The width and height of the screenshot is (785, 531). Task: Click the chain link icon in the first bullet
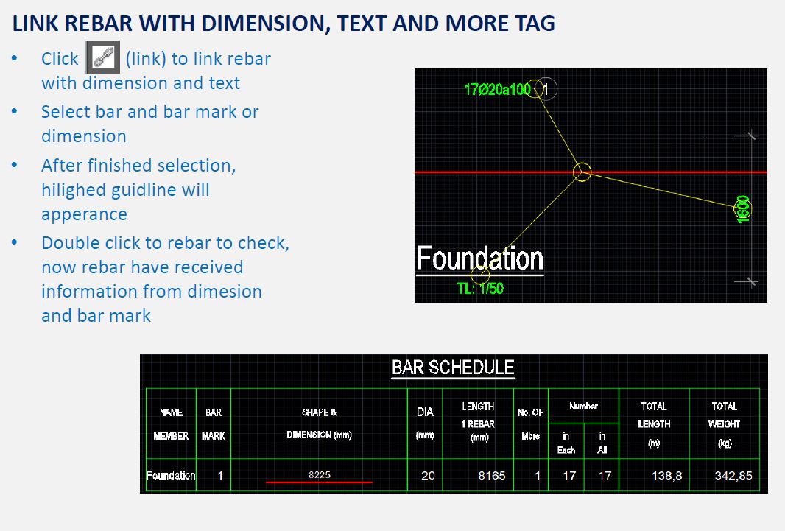point(103,57)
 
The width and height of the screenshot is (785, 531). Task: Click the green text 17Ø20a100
point(497,90)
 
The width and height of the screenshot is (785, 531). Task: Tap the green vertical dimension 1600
point(743,208)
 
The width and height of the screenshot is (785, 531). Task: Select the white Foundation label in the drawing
point(480,259)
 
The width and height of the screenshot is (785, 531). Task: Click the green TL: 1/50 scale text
point(480,288)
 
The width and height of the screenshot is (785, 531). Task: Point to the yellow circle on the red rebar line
point(582,172)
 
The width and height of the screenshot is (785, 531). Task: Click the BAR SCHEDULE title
point(453,368)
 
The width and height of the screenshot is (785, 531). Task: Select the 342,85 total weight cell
point(733,476)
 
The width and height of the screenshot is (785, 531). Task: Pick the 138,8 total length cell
point(667,476)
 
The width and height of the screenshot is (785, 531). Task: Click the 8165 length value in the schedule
point(492,476)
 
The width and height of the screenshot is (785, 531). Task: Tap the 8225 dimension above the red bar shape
point(320,474)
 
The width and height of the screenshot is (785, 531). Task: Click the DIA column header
point(425,423)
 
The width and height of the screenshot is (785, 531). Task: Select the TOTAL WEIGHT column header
point(724,424)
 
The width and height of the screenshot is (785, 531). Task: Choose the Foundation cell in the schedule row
point(171,476)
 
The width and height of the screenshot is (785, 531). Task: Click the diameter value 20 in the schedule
point(428,476)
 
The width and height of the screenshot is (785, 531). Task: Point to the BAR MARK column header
point(214,424)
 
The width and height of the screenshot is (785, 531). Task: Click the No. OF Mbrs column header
point(531,424)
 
